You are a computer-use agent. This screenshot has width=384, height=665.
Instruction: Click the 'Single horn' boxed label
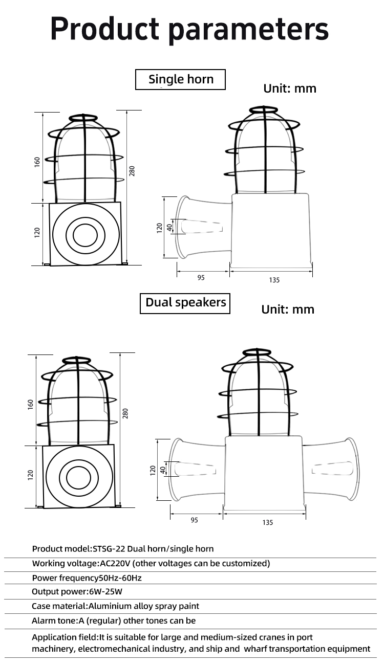[x=180, y=79]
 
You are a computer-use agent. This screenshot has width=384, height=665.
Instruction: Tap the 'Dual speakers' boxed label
[x=185, y=302]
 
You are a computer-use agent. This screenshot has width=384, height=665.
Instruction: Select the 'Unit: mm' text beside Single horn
[x=290, y=88]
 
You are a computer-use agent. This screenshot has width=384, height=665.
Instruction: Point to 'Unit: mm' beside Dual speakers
[x=288, y=309]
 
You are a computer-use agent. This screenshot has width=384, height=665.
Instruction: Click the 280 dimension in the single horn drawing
[x=132, y=171]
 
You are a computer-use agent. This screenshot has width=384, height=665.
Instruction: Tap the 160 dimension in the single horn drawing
[x=37, y=162]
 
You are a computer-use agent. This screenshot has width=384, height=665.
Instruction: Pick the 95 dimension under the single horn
[x=201, y=278]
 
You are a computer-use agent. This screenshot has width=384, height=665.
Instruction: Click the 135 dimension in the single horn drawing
[x=274, y=280]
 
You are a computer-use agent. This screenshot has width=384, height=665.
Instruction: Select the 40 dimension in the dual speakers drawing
[x=163, y=469]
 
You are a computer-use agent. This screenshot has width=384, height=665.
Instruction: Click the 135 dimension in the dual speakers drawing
[x=267, y=522]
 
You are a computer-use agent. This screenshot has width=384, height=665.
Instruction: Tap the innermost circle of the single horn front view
[x=85, y=235]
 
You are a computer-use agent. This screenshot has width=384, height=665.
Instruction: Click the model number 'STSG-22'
[x=109, y=549]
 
